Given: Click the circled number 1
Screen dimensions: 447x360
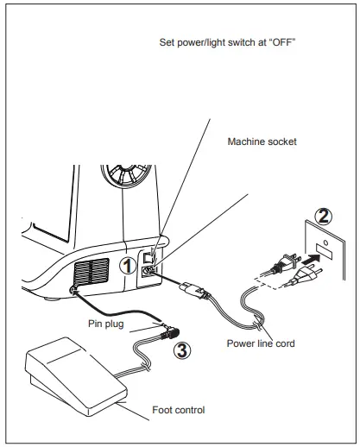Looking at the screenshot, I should coord(127,265).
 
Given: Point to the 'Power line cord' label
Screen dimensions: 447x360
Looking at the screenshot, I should coord(261,343).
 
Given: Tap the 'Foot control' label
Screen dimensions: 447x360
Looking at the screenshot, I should coord(180,410).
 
